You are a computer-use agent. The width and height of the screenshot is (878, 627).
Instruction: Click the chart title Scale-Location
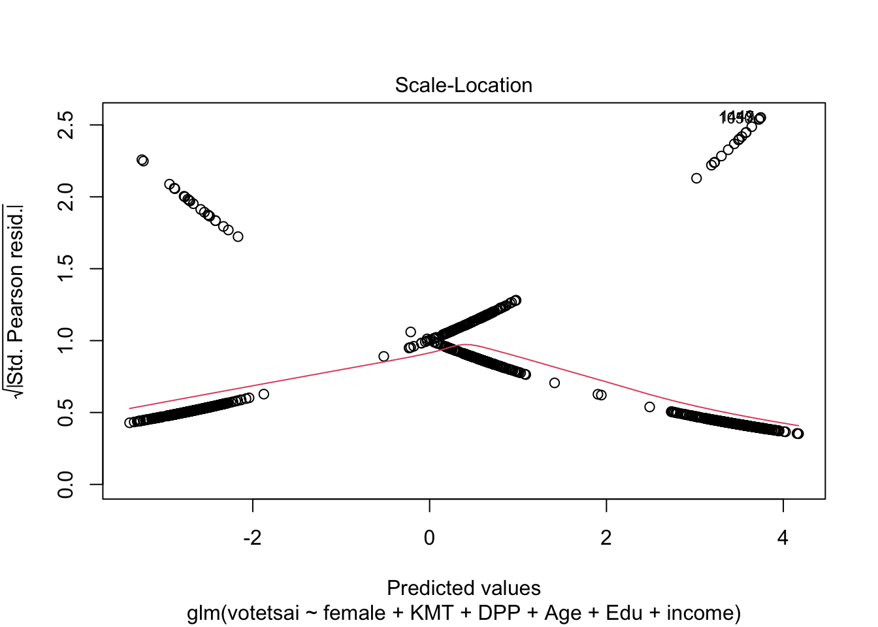tap(463, 86)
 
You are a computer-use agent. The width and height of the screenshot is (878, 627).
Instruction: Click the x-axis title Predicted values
tap(463, 588)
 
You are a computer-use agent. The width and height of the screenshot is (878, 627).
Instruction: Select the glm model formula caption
tap(463, 613)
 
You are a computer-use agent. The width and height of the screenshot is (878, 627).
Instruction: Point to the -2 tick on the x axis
tap(252, 538)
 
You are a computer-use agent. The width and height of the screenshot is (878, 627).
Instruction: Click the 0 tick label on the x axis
tap(429, 538)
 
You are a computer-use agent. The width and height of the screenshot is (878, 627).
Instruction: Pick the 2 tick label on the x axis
tap(606, 538)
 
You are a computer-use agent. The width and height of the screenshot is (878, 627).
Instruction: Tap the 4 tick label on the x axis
tap(783, 538)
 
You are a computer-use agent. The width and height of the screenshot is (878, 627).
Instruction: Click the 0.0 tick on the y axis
tap(66, 485)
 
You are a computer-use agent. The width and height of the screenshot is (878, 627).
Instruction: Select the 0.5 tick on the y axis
tap(66, 413)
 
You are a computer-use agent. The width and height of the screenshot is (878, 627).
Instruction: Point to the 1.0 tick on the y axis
tap(66, 341)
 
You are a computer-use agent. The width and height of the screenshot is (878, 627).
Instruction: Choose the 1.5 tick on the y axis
tap(66, 269)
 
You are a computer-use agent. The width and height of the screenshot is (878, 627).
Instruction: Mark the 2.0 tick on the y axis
tap(66, 197)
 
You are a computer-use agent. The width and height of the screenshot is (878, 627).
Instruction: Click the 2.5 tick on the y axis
tap(66, 125)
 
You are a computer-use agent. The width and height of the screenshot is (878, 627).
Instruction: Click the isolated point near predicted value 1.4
tap(555, 383)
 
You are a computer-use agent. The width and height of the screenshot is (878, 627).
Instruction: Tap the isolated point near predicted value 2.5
tap(649, 407)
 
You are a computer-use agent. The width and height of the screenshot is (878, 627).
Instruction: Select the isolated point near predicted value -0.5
tap(383, 357)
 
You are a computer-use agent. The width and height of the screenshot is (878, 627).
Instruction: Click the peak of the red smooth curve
tap(466, 344)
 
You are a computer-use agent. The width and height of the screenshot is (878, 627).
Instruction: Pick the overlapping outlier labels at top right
tap(736, 118)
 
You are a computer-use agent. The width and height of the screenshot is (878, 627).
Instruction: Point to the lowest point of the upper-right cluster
tap(696, 178)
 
